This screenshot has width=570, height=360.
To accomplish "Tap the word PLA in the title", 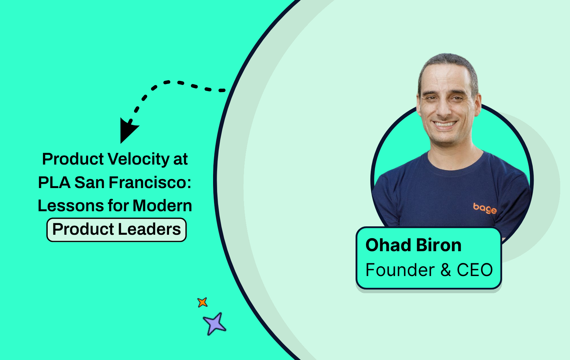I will click(x=54, y=183).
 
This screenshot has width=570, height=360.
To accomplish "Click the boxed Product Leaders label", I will click(x=116, y=230).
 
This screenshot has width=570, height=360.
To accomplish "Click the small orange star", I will click(x=202, y=302).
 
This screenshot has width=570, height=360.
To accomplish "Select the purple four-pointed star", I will click(x=214, y=324).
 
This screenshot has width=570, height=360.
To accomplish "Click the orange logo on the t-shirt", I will click(x=485, y=208).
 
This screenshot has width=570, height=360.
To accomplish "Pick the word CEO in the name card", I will click(x=475, y=270).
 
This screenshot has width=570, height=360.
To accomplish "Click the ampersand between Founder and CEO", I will click(x=446, y=270).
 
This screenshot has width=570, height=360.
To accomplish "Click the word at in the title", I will click(x=180, y=160).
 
